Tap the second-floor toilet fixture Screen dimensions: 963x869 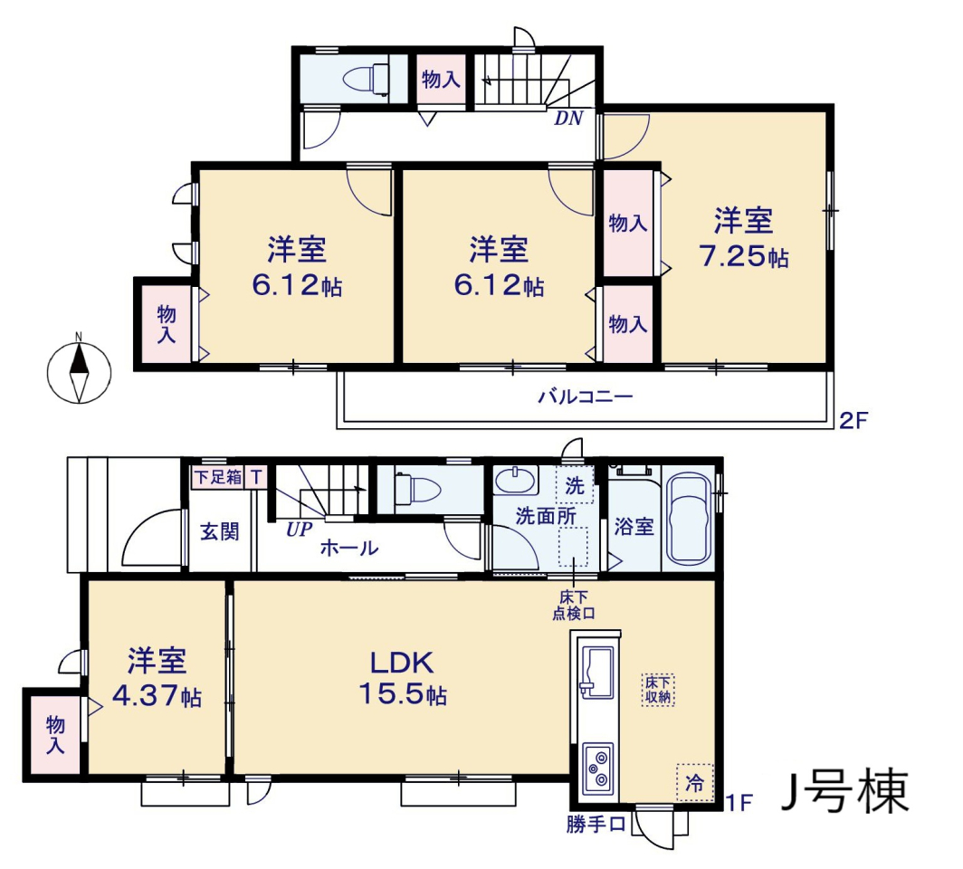click(x=366, y=80)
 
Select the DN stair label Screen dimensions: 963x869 click(x=568, y=119)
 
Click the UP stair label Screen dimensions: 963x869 click(x=299, y=530)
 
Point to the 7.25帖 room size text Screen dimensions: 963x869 click(x=744, y=256)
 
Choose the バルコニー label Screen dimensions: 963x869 click(x=586, y=396)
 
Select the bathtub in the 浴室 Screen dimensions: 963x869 click(x=690, y=519)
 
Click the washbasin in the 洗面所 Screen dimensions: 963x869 click(x=516, y=481)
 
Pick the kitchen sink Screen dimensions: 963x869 click(x=596, y=673)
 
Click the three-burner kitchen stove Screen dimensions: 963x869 click(x=597, y=768)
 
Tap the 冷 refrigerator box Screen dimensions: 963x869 click(x=694, y=782)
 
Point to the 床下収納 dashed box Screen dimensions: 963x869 click(x=658, y=690)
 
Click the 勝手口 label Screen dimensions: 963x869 click(x=596, y=824)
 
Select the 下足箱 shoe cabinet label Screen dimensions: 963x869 click(x=218, y=476)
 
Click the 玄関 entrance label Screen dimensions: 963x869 click(x=220, y=531)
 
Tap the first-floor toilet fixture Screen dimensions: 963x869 click(x=417, y=490)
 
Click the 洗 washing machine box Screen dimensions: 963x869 click(x=574, y=485)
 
